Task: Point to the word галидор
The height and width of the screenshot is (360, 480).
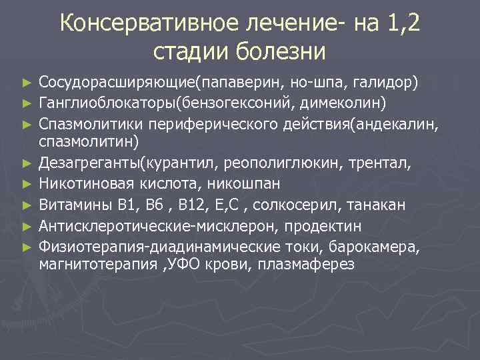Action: [389, 83]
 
